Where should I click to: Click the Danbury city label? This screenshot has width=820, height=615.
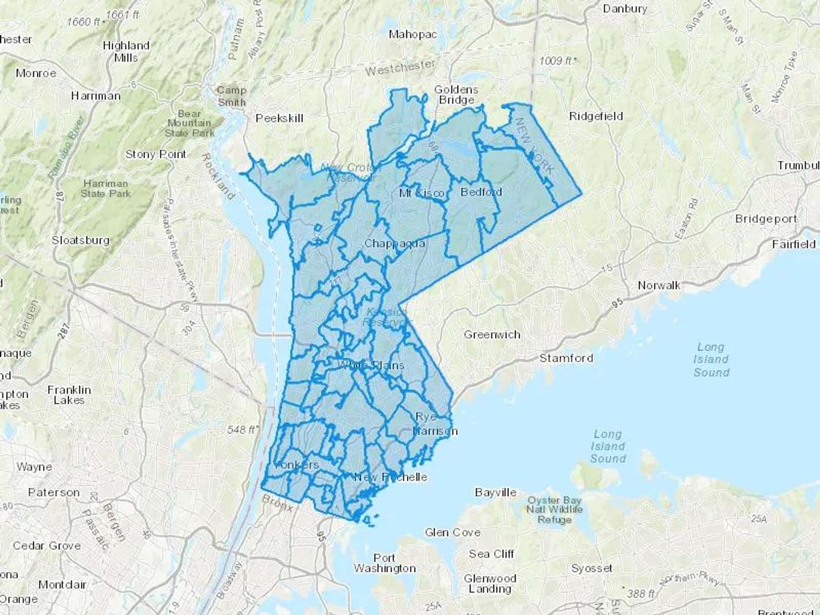pyautogui.click(x=625, y=9)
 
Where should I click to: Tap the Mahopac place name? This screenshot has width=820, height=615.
pyautogui.click(x=413, y=34)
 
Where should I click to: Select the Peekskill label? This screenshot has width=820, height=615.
pyautogui.click(x=279, y=118)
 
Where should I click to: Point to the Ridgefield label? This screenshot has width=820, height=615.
pyautogui.click(x=596, y=117)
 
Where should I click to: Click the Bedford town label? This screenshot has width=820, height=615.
pyautogui.click(x=481, y=192)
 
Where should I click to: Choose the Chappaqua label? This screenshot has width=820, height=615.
pyautogui.click(x=395, y=243)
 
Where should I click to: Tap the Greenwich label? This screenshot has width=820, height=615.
pyautogui.click(x=492, y=335)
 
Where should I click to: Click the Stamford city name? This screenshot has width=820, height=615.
pyautogui.click(x=566, y=358)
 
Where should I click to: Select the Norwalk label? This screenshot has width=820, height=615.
pyautogui.click(x=659, y=286)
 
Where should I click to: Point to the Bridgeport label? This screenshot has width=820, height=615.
pyautogui.click(x=766, y=219)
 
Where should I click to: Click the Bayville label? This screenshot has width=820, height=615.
pyautogui.click(x=496, y=492)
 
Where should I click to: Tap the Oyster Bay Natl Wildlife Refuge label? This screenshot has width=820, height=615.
pyautogui.click(x=554, y=510)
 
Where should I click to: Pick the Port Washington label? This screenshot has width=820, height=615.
pyautogui.click(x=384, y=563)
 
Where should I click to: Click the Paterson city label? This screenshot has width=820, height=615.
pyautogui.click(x=54, y=492)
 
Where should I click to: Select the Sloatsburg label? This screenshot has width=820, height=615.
pyautogui.click(x=81, y=240)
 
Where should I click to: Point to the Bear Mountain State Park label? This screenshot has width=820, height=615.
pyautogui.click(x=189, y=123)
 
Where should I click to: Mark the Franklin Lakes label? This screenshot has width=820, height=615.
pyautogui.click(x=69, y=395)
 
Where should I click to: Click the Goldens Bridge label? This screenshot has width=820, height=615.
pyautogui.click(x=456, y=95)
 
